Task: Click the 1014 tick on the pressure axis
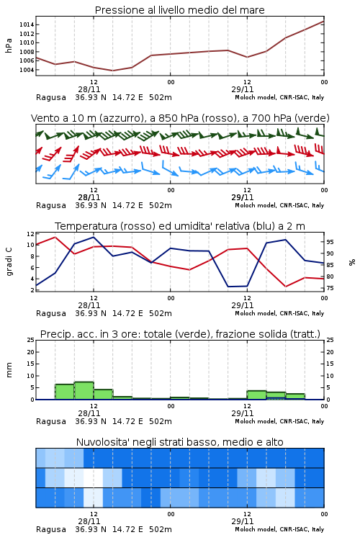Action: tap(26, 24)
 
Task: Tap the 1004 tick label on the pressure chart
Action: tap(26, 70)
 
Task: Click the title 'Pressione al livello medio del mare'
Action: tap(180, 10)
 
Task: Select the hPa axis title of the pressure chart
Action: tap(9, 45)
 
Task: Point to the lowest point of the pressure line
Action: tap(112, 71)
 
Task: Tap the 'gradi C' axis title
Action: tap(9, 261)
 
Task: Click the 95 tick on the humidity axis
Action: tap(330, 242)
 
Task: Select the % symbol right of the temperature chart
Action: tap(352, 262)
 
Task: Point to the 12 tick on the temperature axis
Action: tap(30, 233)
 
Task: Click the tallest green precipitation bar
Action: tap(84, 390)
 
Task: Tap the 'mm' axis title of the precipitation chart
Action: tap(9, 369)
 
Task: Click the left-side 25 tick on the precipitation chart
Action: tap(31, 340)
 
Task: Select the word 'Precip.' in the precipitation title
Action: tap(54, 334)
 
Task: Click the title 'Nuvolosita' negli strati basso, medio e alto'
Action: tap(180, 442)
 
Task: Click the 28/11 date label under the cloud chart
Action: tap(89, 521)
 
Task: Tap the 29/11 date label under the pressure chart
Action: tap(243, 89)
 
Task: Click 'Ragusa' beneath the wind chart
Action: tap(51, 205)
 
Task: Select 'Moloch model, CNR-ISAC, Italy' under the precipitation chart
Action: tap(279, 421)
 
